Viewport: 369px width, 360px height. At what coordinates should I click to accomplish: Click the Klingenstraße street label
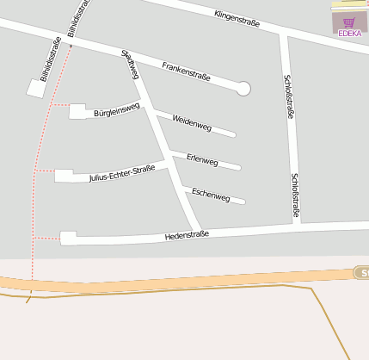237,16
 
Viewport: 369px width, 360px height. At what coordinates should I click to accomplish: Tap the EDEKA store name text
350,33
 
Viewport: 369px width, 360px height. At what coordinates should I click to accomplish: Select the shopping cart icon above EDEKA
349,22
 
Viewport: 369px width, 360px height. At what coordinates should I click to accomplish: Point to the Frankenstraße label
186,71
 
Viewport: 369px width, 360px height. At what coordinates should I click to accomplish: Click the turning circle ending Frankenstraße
243,88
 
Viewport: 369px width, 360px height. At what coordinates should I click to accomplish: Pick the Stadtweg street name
131,65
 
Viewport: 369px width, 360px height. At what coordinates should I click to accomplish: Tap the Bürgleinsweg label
116,109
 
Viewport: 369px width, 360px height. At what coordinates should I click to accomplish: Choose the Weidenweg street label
192,122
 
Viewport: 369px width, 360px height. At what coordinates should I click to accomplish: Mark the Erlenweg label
202,160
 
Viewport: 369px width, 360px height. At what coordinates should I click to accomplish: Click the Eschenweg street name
211,196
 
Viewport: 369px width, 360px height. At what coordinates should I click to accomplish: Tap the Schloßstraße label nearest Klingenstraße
287,100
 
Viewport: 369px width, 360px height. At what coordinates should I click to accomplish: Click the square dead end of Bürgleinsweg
77,111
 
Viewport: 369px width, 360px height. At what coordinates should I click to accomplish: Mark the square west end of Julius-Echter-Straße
64,176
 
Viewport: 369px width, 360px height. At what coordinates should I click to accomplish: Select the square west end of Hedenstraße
68,238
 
